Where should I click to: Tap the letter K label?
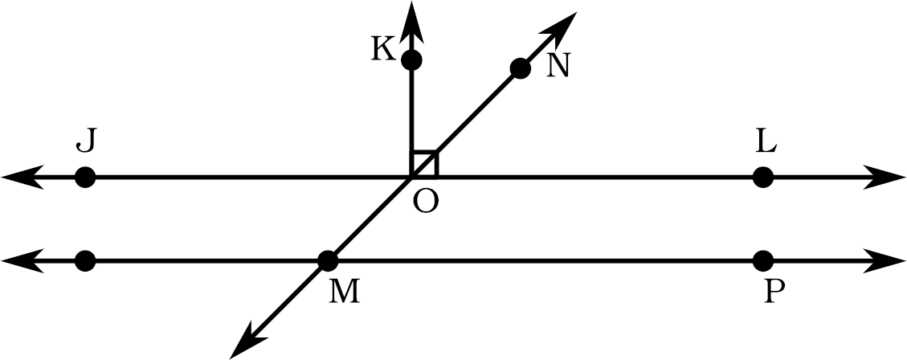[383, 50]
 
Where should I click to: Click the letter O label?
[427, 202]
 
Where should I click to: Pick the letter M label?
[344, 292]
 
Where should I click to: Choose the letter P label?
[774, 292]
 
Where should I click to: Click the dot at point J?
[85, 177]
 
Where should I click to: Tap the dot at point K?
[412, 59]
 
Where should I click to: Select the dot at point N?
[520, 69]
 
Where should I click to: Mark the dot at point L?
[763, 177]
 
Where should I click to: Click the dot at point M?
[328, 261]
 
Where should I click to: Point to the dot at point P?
[763, 261]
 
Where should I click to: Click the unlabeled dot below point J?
[85, 261]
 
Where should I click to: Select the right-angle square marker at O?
[423, 164]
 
